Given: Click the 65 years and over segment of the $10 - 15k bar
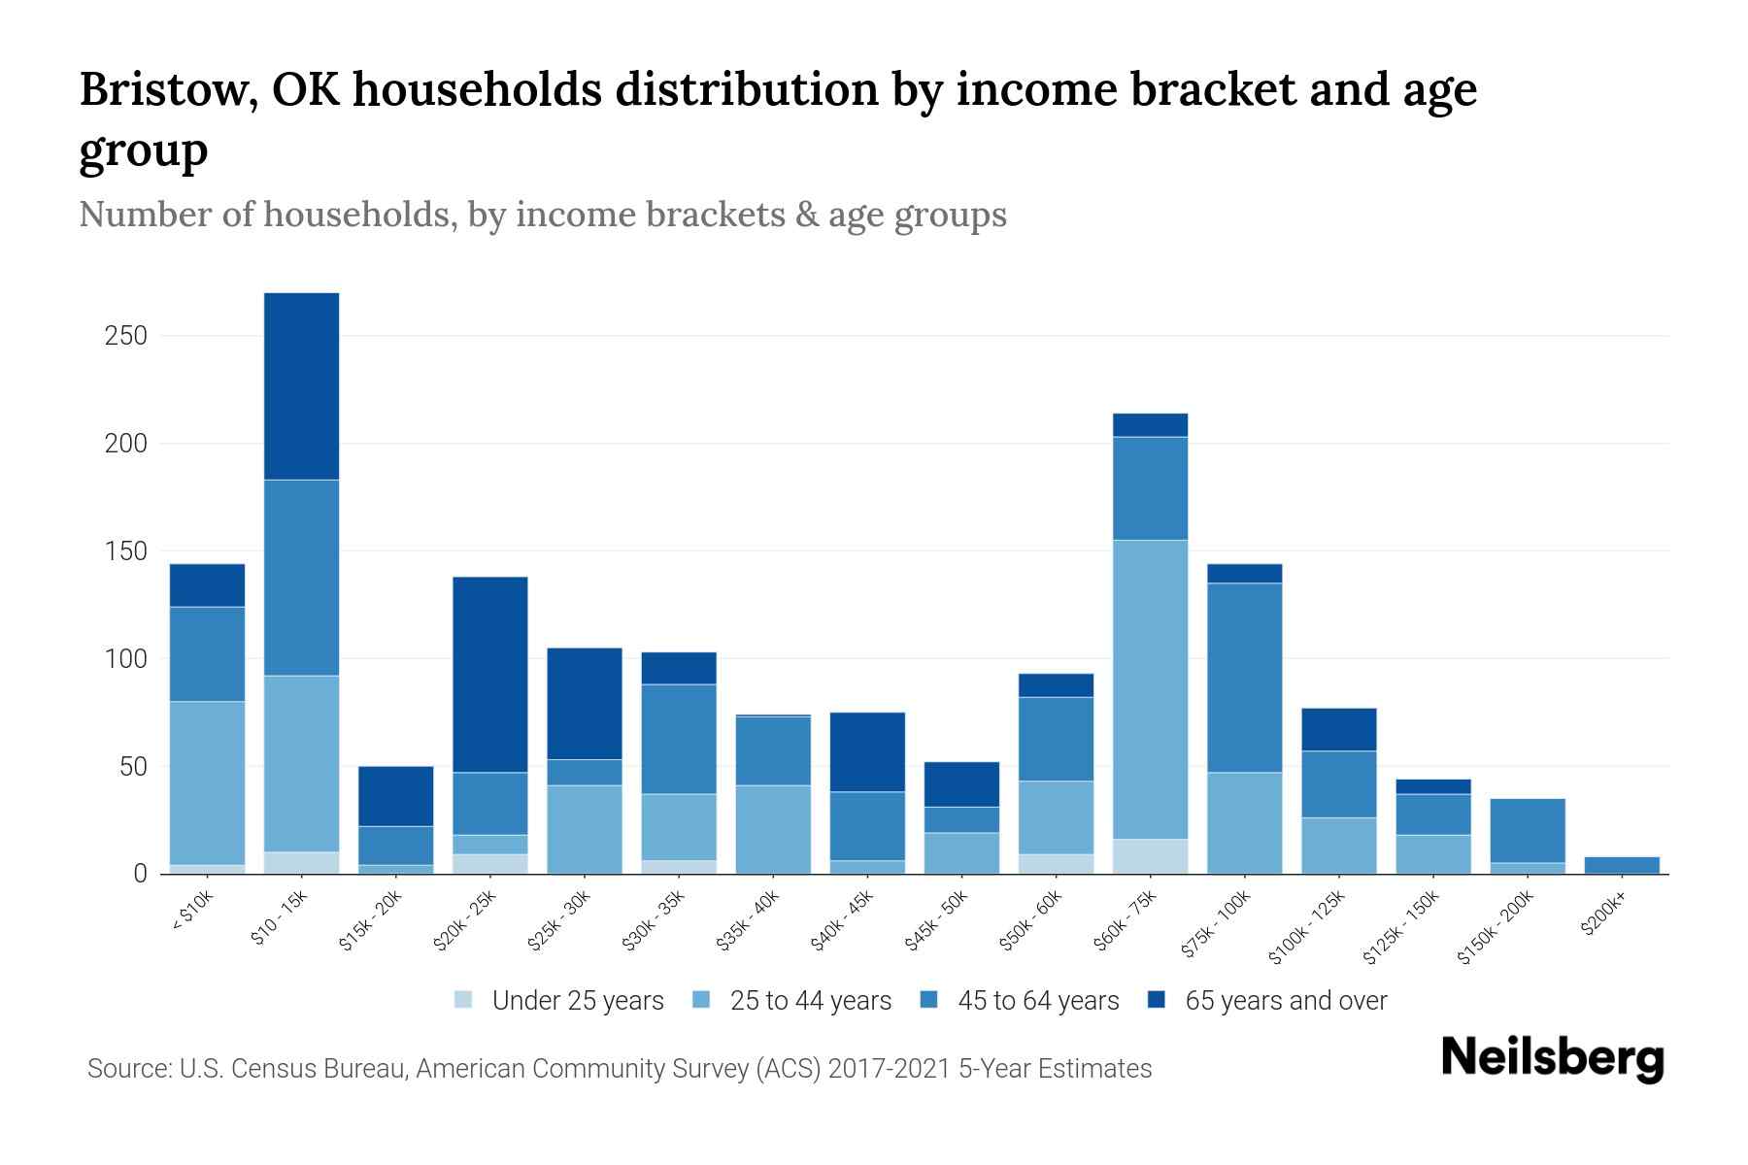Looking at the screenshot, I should click(x=301, y=385).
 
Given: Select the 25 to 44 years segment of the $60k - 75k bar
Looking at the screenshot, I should click(x=1150, y=688).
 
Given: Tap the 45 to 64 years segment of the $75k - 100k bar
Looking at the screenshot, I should click(x=1244, y=677).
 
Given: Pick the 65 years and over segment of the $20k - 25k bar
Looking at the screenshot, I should click(x=490, y=674).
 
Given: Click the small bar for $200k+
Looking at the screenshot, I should click(x=1622, y=864).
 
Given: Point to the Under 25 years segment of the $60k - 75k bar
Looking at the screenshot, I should click(x=1150, y=856).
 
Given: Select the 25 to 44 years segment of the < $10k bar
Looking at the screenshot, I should click(x=207, y=782).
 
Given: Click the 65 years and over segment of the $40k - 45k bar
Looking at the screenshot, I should click(x=867, y=751).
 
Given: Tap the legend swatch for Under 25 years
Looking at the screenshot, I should click(x=464, y=1000).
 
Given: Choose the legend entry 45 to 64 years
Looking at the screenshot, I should click(x=1037, y=1000).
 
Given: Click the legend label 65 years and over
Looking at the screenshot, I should click(x=1285, y=1000).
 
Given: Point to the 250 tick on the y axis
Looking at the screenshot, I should click(x=126, y=336).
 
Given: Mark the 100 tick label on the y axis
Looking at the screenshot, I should click(x=126, y=659).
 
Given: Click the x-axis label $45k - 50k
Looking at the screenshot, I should click(x=938, y=922).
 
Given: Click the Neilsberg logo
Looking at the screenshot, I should click(x=1552, y=1058).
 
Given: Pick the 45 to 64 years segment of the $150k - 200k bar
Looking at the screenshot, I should click(x=1528, y=830).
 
